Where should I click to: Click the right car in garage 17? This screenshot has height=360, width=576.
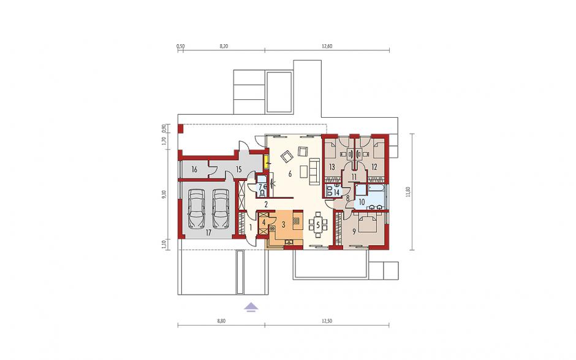click(221, 209)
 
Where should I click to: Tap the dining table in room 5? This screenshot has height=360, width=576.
click(318, 223)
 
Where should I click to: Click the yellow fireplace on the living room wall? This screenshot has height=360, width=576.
click(265, 161)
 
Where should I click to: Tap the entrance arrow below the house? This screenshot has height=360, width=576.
click(251, 307)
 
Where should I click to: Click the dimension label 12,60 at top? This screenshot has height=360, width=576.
click(327, 46)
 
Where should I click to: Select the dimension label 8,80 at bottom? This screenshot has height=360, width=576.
click(221, 321)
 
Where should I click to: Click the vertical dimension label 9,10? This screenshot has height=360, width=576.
click(164, 194)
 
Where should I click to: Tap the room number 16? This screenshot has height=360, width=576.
click(194, 169)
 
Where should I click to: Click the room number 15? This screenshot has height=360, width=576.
click(238, 169)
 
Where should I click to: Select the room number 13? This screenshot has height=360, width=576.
click(332, 167)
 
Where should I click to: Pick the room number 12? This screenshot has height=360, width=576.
click(374, 167)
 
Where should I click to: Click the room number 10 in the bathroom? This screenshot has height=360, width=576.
click(362, 202)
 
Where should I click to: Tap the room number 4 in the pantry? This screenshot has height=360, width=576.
click(263, 222)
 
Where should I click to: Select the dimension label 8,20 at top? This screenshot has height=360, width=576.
click(224, 46)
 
